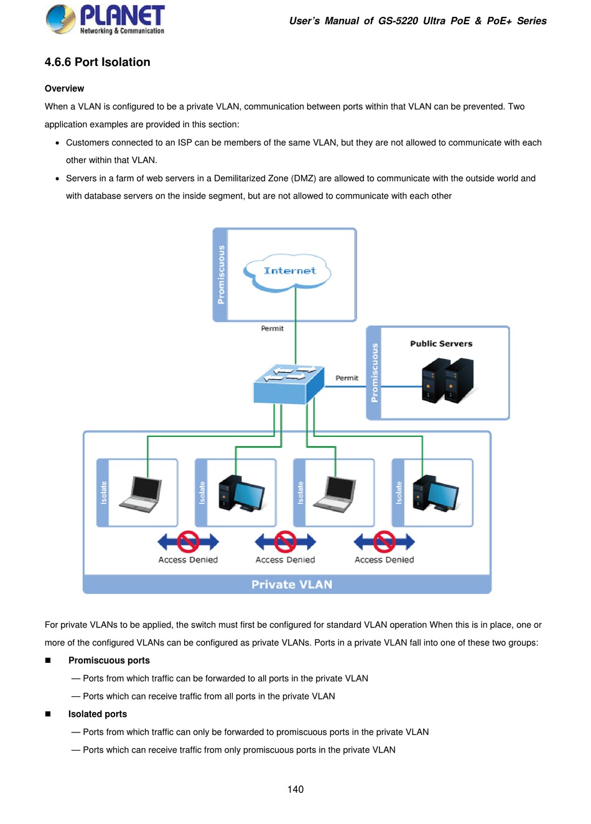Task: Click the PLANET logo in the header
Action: click(105, 19)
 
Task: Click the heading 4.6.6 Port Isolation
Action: click(98, 62)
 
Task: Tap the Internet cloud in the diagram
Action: click(289, 271)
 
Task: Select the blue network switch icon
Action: click(289, 384)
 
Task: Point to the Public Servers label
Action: click(441, 344)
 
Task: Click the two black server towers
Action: click(447, 380)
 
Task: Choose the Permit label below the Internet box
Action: click(272, 329)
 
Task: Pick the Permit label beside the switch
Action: click(347, 378)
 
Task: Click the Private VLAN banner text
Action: click(292, 584)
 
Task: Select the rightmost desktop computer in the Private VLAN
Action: click(435, 493)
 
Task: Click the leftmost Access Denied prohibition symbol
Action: click(188, 542)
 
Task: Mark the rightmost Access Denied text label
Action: click(384, 560)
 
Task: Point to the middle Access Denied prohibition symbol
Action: click(286, 542)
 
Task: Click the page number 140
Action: click(295, 790)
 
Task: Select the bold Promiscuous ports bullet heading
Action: click(109, 661)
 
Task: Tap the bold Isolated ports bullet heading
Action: click(98, 714)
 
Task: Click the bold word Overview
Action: click(64, 89)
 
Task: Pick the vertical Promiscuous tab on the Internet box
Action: click(221, 274)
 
